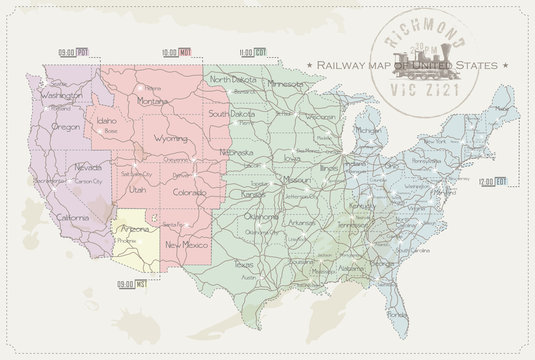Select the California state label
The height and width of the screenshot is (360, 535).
pyautogui.click(x=69, y=217)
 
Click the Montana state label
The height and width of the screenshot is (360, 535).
pyautogui.click(x=152, y=100)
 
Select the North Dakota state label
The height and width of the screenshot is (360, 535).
pyautogui.click(x=232, y=79)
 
